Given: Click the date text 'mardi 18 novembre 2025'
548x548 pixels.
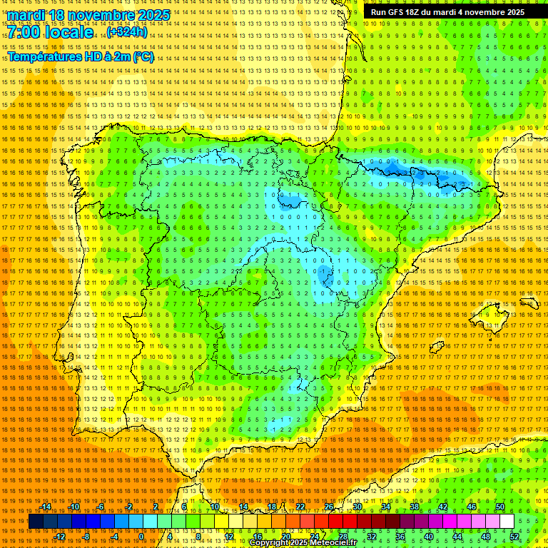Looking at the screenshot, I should pos(88,15).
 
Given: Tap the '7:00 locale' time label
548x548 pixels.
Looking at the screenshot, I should pos(50,33).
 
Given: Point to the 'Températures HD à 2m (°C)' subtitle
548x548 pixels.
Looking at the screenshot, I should pos(80,56).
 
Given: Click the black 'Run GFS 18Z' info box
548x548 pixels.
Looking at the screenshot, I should pos(447,12).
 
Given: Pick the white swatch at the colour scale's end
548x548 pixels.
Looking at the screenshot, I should pos(507,522).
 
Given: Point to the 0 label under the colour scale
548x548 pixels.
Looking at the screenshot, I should pos(142,537).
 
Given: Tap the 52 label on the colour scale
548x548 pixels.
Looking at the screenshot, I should pos(514,537).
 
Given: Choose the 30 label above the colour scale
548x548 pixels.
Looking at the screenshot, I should pos(357,507).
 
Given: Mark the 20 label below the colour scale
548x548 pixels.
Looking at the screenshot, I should pos(285,537).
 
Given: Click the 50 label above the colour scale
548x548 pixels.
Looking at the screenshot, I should pos(500,507).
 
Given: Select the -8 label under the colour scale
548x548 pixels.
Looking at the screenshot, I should pos(86,537).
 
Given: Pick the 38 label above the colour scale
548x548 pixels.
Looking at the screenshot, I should pos(414,507).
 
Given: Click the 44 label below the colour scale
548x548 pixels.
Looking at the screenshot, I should pos(457,537).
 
